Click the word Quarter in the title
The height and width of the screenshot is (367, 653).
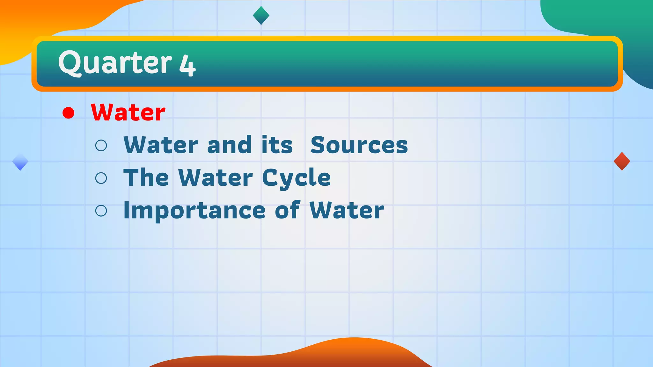pos(115,63)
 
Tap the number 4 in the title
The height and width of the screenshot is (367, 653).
pos(187,65)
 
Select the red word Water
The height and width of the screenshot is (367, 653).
pos(128,112)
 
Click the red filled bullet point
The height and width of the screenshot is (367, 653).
pos(69,113)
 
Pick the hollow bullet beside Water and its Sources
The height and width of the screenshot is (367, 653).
pos(101,146)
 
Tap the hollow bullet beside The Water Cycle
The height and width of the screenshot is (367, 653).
pos(101,178)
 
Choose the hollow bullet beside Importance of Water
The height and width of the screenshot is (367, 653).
pos(101,211)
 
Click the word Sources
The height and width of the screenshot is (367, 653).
pos(359,145)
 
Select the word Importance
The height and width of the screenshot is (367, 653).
pos(194,211)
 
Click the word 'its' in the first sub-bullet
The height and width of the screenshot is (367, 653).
pos(277,145)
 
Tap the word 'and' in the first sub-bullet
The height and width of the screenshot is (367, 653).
pos(229,145)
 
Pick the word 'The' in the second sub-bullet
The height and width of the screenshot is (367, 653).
pos(146,177)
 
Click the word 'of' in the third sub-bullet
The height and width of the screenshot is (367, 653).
pos(287,210)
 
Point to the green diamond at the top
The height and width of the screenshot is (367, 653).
pos(261,15)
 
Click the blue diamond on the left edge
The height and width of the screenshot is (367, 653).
pos(20,162)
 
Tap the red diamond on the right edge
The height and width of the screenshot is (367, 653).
pos(622,161)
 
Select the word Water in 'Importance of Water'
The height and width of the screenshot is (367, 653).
pos(347,211)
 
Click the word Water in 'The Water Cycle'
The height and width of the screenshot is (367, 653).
pos(216,177)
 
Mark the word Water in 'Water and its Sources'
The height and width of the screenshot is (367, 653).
pos(161,145)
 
